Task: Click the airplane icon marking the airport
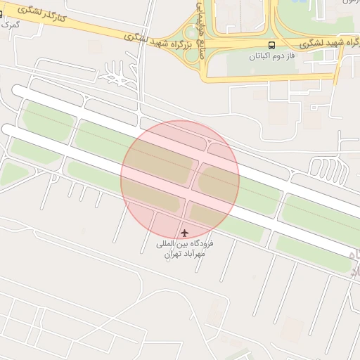pos(185,233)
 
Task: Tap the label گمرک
pos(10,24)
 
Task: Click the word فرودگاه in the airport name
pos(202,244)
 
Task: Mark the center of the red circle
pos(180,179)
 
